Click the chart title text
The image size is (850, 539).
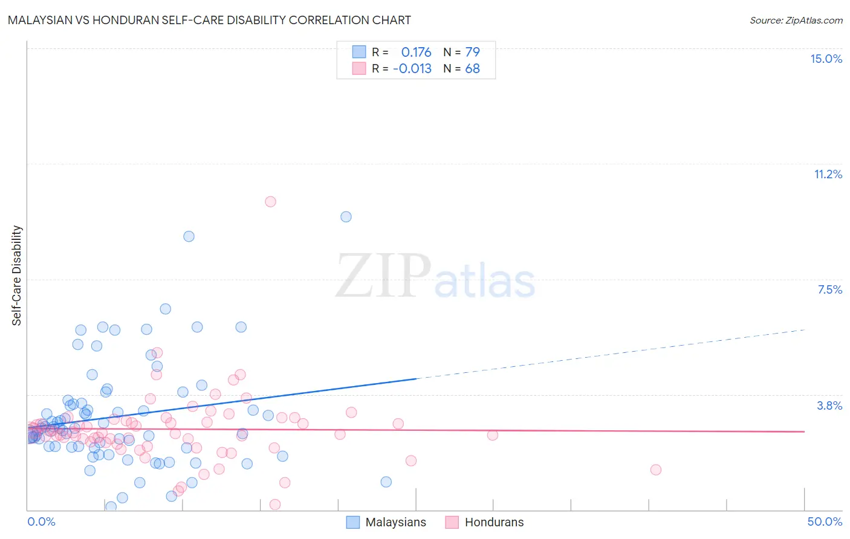pyautogui.click(x=209, y=20)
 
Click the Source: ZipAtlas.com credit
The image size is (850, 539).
pyautogui.click(x=796, y=20)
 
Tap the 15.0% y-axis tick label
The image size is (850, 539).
pyautogui.click(x=826, y=59)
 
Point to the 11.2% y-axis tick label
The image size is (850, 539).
pyautogui.click(x=828, y=174)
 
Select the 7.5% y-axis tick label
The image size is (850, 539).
pyautogui.click(x=829, y=289)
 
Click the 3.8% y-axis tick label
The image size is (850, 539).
pyautogui.click(x=829, y=405)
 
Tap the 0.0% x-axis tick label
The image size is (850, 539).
pyautogui.click(x=41, y=521)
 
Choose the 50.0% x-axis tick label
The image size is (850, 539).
pyautogui.click(x=825, y=521)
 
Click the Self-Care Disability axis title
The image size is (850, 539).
pyautogui.click(x=17, y=276)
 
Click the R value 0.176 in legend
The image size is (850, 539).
pyautogui.click(x=416, y=52)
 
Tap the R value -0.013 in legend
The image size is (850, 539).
pyautogui.click(x=412, y=68)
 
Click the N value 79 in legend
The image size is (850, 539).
pyautogui.click(x=472, y=52)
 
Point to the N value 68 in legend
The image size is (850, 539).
pyautogui.click(x=472, y=68)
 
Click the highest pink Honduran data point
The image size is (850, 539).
pyautogui.click(x=270, y=201)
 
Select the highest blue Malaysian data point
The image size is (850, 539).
pyautogui.click(x=346, y=216)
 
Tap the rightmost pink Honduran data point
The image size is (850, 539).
pyautogui.click(x=655, y=470)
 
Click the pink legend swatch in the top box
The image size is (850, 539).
pyautogui.click(x=359, y=68)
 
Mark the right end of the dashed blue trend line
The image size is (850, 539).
pyautogui.click(x=805, y=329)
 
